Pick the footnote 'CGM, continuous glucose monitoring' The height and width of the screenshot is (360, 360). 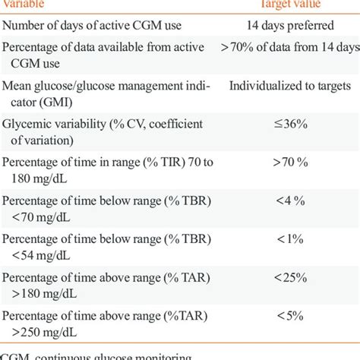pyautogui.click(x=91, y=355)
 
